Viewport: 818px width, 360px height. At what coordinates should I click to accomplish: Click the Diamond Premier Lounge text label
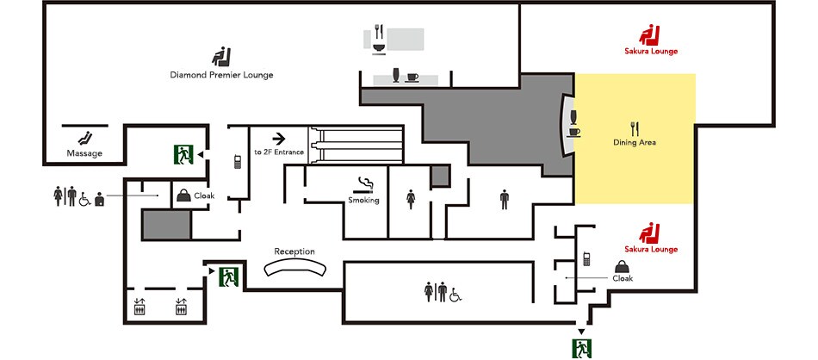pos(221,75)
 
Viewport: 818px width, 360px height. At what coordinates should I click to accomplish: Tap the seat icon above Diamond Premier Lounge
pos(221,56)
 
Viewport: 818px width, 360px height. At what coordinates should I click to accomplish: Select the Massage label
pos(84,153)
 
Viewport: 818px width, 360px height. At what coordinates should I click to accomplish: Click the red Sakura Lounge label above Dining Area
pos(651,51)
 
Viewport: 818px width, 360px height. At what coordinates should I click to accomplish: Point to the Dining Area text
pos(635,142)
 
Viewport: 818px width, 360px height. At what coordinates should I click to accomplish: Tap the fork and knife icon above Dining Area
pos(635,128)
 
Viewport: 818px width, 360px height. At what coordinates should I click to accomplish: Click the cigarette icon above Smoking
pos(365,185)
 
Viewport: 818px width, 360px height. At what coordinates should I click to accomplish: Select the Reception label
pos(294,251)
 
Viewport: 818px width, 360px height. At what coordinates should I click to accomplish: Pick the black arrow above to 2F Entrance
pos(279,139)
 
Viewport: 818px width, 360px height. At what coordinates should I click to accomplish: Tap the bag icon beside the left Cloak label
pos(183,196)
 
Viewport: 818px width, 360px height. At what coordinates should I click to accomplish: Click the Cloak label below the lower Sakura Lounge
pos(623,278)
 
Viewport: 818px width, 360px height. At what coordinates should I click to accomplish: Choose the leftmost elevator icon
pos(139,307)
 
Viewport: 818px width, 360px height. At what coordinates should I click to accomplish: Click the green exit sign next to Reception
pos(228,276)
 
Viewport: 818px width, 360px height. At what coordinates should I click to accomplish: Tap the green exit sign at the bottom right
pos(582,348)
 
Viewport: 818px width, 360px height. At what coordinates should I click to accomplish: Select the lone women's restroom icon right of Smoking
pos(411,199)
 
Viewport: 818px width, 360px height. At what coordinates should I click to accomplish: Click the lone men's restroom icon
pos(504,199)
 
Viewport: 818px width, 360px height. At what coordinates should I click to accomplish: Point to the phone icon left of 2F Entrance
pos(238,162)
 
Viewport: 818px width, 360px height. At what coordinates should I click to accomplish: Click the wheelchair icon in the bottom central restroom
pos(455,295)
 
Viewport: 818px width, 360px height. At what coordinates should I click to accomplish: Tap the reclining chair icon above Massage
pos(84,139)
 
